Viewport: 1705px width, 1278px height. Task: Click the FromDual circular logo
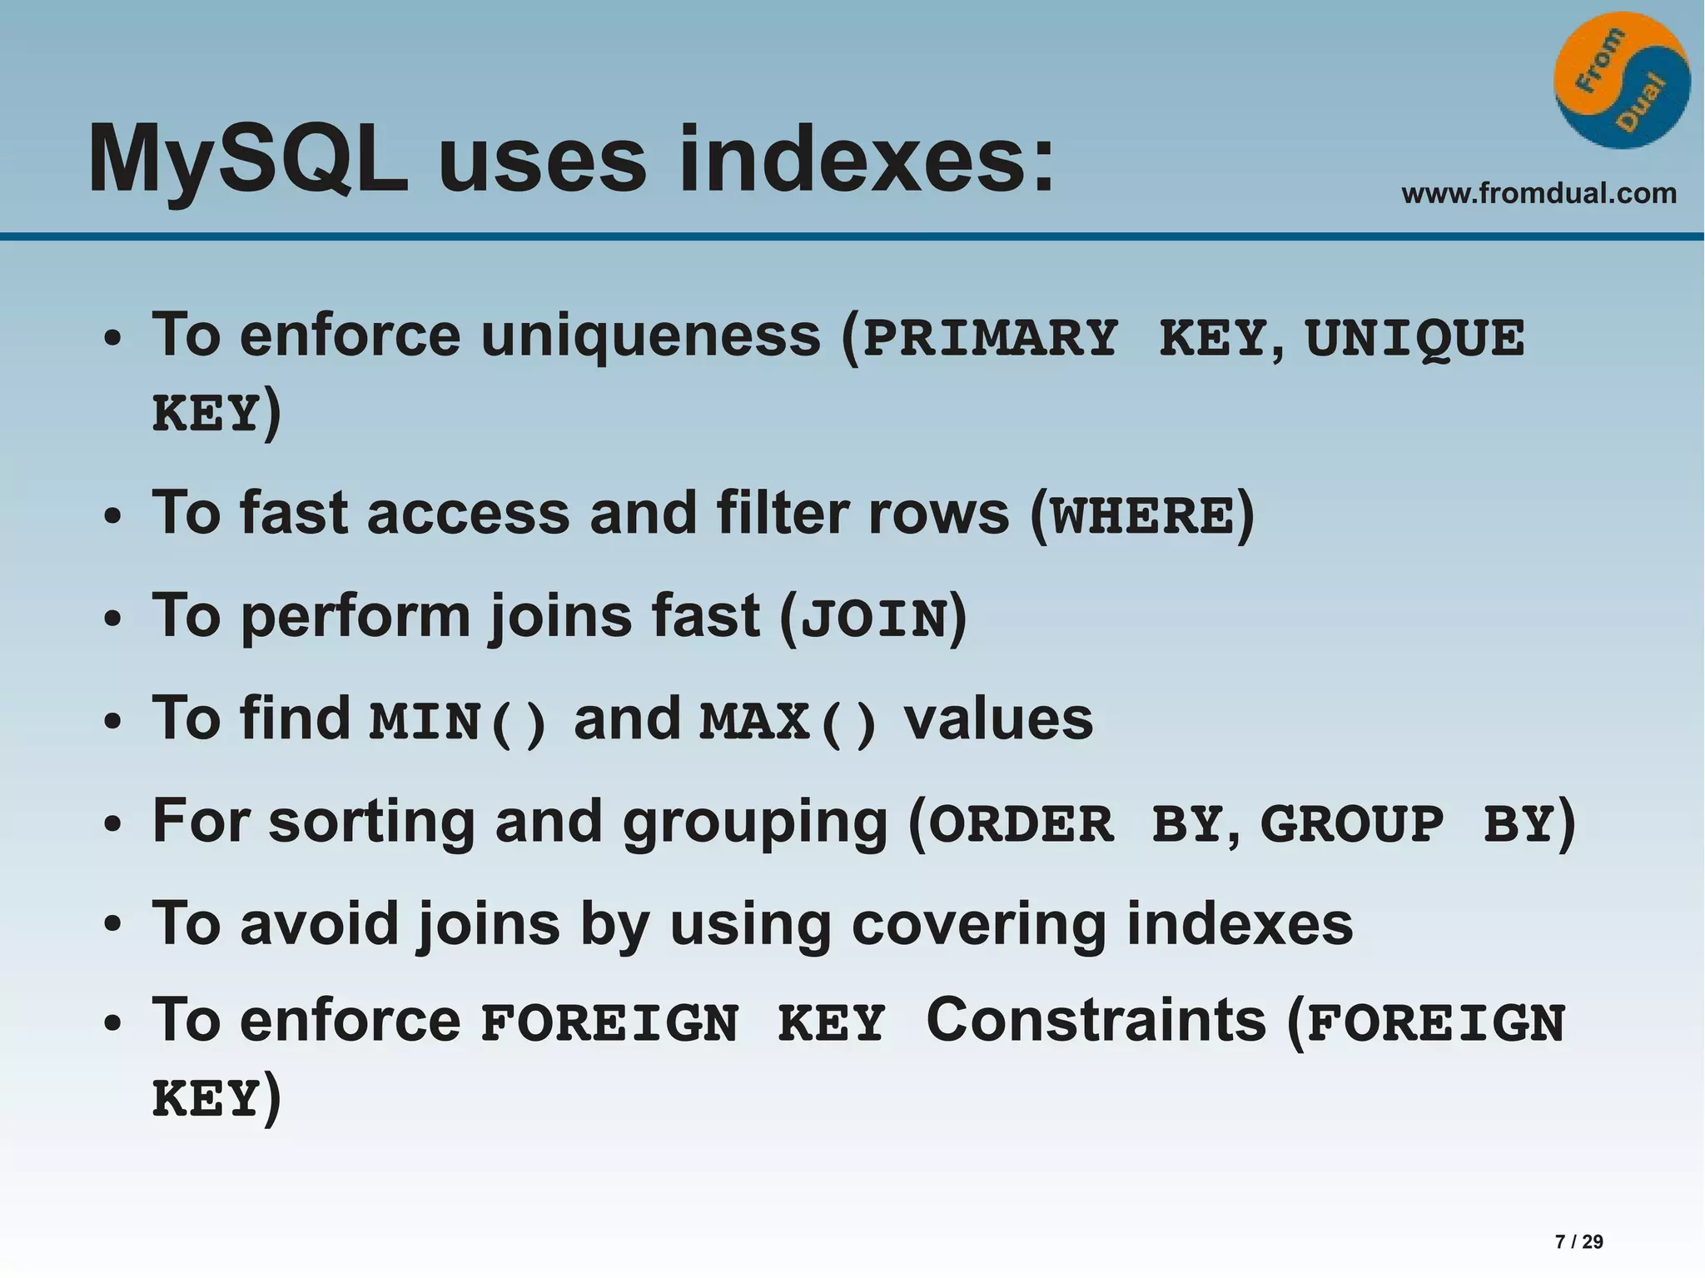(1621, 81)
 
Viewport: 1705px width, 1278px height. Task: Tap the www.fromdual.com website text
(1538, 194)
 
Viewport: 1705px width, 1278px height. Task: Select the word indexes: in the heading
(867, 158)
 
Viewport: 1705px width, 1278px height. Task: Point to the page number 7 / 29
(1578, 1241)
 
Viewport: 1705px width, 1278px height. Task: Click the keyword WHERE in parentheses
(1141, 516)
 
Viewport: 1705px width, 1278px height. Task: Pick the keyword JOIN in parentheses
(873, 619)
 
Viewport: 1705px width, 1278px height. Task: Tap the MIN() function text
(457, 722)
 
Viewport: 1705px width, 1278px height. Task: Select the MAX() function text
(788, 722)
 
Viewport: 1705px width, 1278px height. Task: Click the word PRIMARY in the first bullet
(990, 339)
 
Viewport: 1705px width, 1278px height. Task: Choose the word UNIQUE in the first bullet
(1414, 339)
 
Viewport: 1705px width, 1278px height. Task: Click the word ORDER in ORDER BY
(1021, 825)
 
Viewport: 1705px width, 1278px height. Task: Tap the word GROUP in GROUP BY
(1351, 825)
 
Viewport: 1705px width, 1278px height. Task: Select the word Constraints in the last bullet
(1096, 1021)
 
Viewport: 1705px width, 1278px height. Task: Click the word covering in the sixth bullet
(979, 924)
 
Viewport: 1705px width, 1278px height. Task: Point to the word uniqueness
(650, 336)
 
